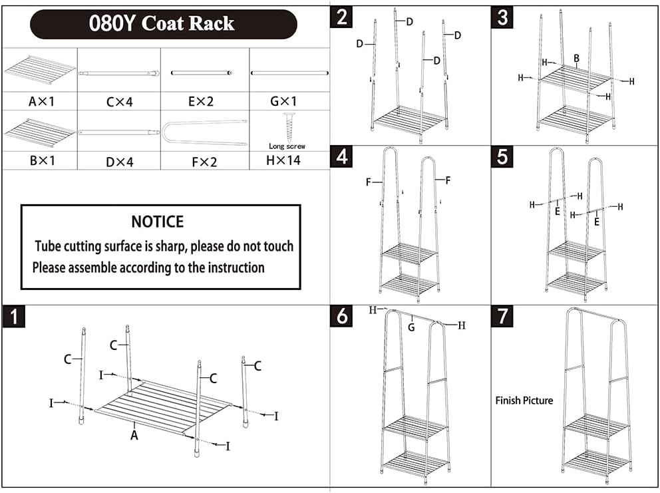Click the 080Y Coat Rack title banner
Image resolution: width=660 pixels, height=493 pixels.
(163, 23)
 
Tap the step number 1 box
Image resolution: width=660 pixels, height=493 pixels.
(14, 317)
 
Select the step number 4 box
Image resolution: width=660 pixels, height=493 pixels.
(341, 156)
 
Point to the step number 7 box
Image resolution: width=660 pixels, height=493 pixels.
(502, 316)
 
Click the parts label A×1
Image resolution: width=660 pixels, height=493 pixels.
(41, 102)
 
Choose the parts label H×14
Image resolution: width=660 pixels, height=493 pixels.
(283, 160)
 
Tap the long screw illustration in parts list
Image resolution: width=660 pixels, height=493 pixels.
(289, 128)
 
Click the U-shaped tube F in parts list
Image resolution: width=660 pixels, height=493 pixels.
(204, 134)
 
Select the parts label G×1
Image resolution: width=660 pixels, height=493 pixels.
(283, 101)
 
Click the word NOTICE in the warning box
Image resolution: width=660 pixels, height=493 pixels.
(158, 222)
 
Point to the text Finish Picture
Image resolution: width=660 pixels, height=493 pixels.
(524, 401)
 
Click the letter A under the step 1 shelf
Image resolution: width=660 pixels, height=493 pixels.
(134, 435)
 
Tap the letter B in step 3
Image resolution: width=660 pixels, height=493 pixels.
(577, 59)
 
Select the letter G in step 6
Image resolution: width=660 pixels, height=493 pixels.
(411, 327)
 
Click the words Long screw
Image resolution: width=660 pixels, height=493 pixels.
(287, 146)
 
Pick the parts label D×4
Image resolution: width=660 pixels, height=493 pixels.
(120, 162)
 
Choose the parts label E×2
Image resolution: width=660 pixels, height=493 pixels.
(201, 102)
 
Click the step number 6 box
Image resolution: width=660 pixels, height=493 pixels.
(341, 316)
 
